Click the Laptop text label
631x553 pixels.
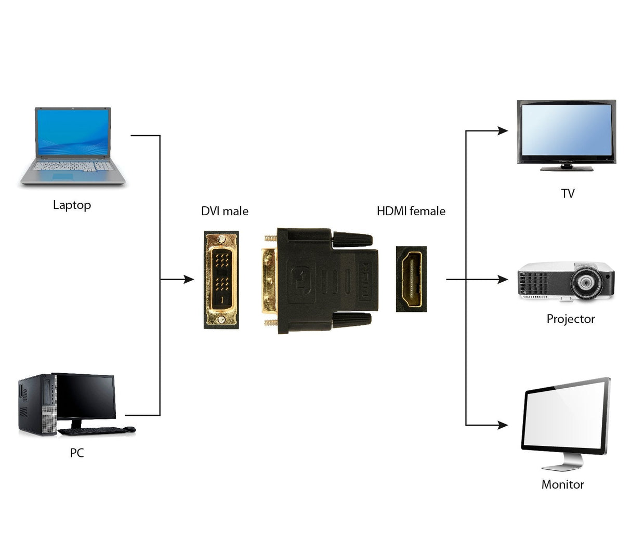tap(72, 205)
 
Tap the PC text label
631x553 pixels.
tap(77, 453)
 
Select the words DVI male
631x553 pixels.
tap(225, 212)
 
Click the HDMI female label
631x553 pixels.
tap(411, 212)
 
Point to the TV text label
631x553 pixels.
tap(568, 194)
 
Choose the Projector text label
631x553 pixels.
tap(570, 319)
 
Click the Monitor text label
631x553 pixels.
tap(562, 484)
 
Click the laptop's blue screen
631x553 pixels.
tap(73, 133)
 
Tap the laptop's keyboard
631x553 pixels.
tap(72, 166)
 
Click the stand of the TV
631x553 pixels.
tap(567, 168)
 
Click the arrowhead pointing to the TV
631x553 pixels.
tap(503, 131)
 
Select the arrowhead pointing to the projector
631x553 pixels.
tap(503, 280)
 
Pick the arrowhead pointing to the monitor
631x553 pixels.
tap(503, 425)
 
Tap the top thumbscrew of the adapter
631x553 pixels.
tap(352, 240)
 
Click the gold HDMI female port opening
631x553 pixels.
tap(411, 280)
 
